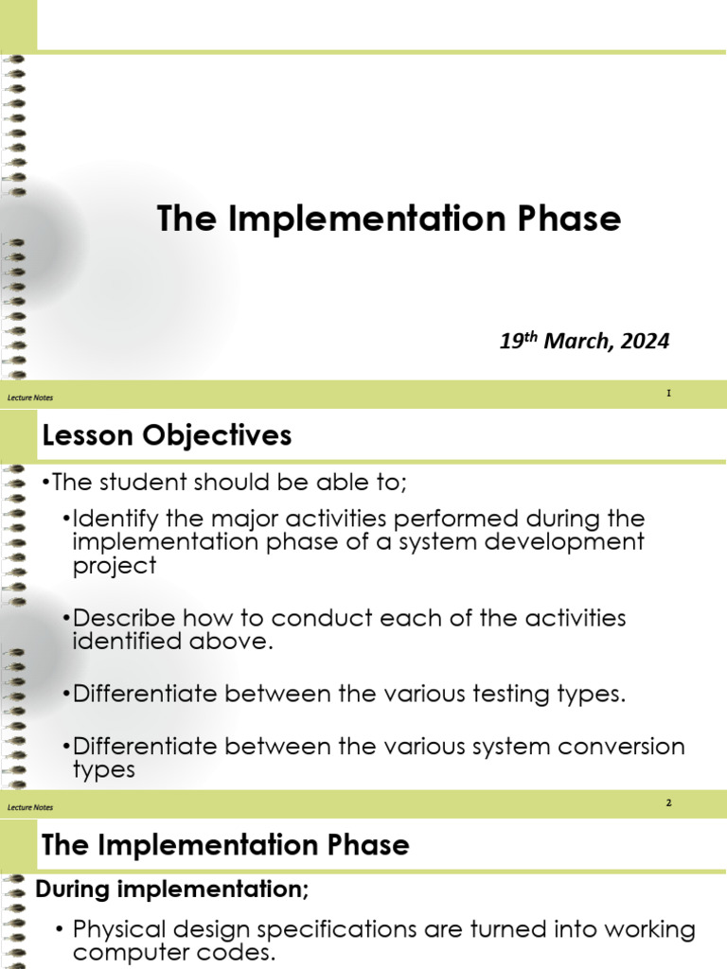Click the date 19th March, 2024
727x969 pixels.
[x=584, y=342]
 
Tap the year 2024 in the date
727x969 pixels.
[x=645, y=342]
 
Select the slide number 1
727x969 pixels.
[x=668, y=393]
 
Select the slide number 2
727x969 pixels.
[x=668, y=803]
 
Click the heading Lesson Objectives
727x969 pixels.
[x=167, y=435]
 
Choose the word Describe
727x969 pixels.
[x=124, y=618]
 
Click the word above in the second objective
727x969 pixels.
[x=213, y=641]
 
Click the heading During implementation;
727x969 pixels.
[x=171, y=890]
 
